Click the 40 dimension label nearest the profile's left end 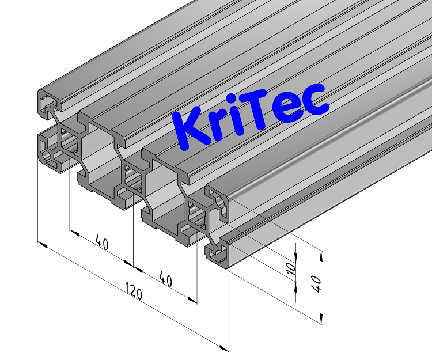(101, 244)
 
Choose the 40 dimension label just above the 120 (165, 280)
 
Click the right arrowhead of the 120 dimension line (225, 348)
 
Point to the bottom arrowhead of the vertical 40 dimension (320, 317)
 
